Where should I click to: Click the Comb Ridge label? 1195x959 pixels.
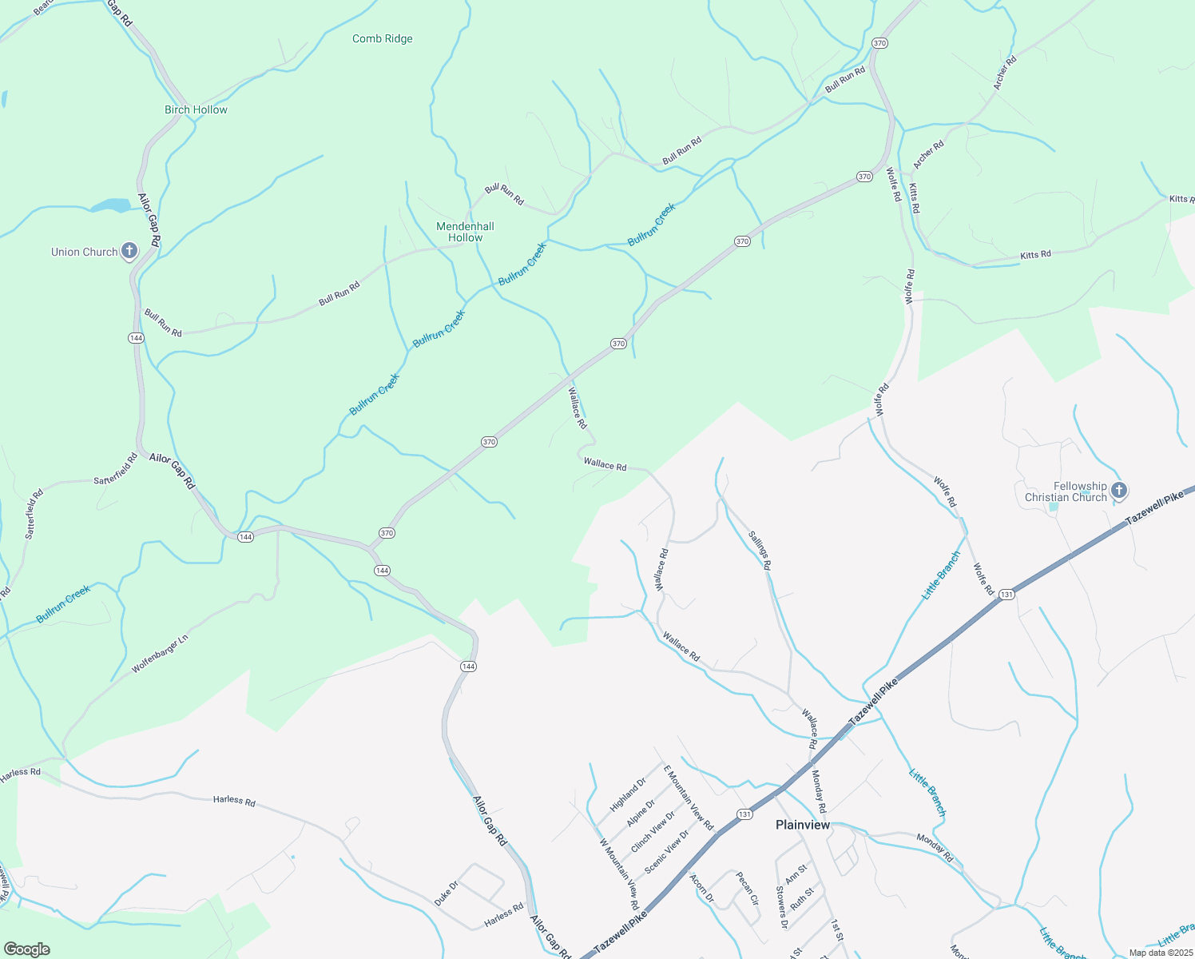pyautogui.click(x=383, y=38)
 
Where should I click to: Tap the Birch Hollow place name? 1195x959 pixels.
pyautogui.click(x=196, y=109)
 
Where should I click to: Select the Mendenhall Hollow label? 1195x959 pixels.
pyautogui.click(x=465, y=232)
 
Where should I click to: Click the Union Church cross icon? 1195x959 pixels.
pyautogui.click(x=129, y=251)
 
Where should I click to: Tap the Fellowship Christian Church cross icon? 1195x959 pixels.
pyautogui.click(x=1118, y=490)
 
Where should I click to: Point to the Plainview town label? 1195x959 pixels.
pyautogui.click(x=803, y=825)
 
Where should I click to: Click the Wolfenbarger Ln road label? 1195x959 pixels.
pyautogui.click(x=160, y=654)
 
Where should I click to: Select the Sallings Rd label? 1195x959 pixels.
pyautogui.click(x=760, y=550)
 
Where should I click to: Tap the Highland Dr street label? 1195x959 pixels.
pyautogui.click(x=628, y=795)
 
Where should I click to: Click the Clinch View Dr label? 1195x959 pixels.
pyautogui.click(x=653, y=832)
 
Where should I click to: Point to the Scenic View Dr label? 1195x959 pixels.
pyautogui.click(x=667, y=851)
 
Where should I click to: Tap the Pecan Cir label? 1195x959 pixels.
pyautogui.click(x=747, y=888)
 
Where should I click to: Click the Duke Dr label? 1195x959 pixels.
pyautogui.click(x=447, y=893)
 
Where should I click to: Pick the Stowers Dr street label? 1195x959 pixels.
pyautogui.click(x=782, y=907)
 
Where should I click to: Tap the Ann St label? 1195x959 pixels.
pyautogui.click(x=796, y=873)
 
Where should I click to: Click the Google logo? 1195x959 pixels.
pyautogui.click(x=26, y=949)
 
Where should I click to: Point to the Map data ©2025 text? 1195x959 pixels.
pyautogui.click(x=1160, y=953)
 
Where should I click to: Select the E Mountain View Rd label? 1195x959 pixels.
pyautogui.click(x=688, y=797)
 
